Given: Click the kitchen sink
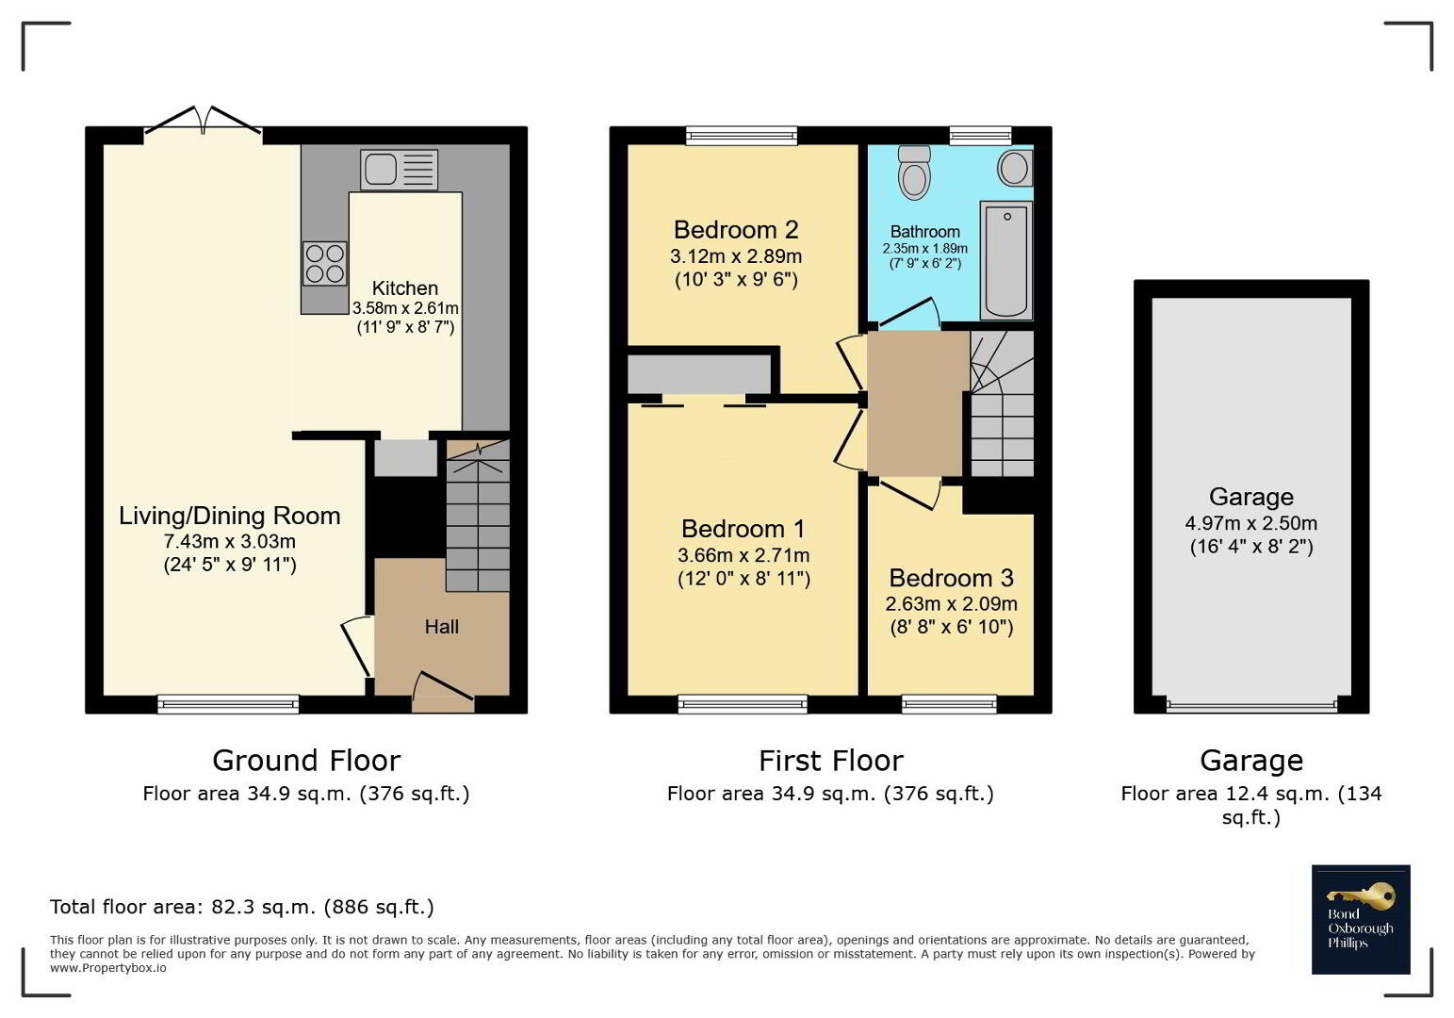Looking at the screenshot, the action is point(399,170).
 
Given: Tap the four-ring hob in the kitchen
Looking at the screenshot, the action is point(324,263).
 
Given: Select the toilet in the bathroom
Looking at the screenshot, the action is point(915,171).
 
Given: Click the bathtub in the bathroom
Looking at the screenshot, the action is point(1006,260).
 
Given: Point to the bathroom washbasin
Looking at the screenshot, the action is point(1014,168).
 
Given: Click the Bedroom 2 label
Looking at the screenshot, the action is point(736,230).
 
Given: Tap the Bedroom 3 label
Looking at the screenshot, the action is point(951,578).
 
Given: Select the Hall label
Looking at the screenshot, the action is point(441,627).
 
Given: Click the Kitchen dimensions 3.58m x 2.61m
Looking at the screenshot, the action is point(405,307).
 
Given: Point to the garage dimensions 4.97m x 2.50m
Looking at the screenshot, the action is point(1250,523).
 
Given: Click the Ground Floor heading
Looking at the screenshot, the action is point(306,761).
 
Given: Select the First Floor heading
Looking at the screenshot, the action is point(831,761).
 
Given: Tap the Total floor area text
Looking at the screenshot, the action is point(242,907).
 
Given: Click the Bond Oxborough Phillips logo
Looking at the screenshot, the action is point(1361,919).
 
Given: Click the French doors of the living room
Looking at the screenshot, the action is point(204,122).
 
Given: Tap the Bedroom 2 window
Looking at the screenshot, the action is point(742,135).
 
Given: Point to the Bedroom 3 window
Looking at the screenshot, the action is point(949,704).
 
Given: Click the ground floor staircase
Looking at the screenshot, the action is point(478,517).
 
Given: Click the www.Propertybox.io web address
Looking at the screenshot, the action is point(107,968).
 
